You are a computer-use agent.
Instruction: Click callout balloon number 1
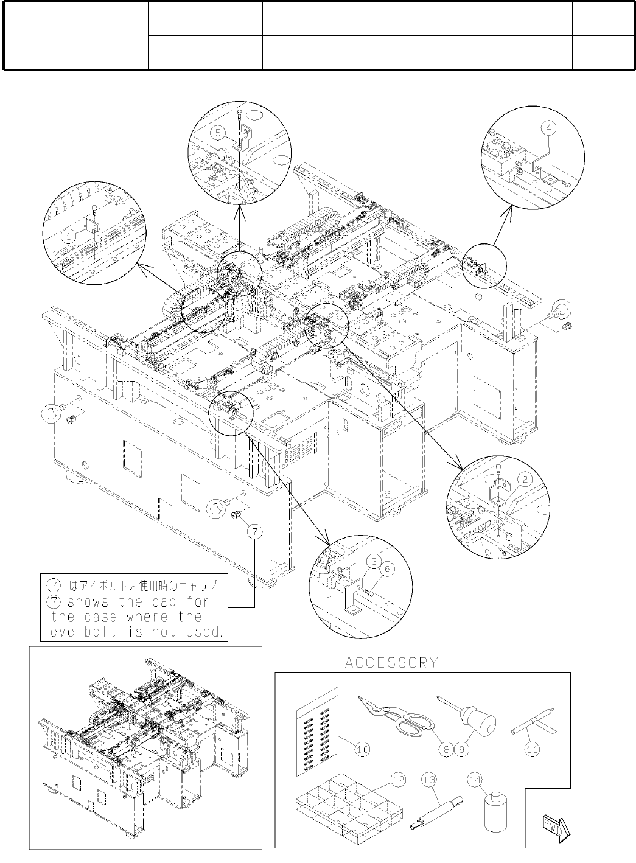[71, 234]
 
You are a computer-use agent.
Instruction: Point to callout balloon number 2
[526, 479]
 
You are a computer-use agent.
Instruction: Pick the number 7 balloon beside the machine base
[256, 531]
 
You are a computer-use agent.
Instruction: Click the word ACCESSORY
[391, 662]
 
